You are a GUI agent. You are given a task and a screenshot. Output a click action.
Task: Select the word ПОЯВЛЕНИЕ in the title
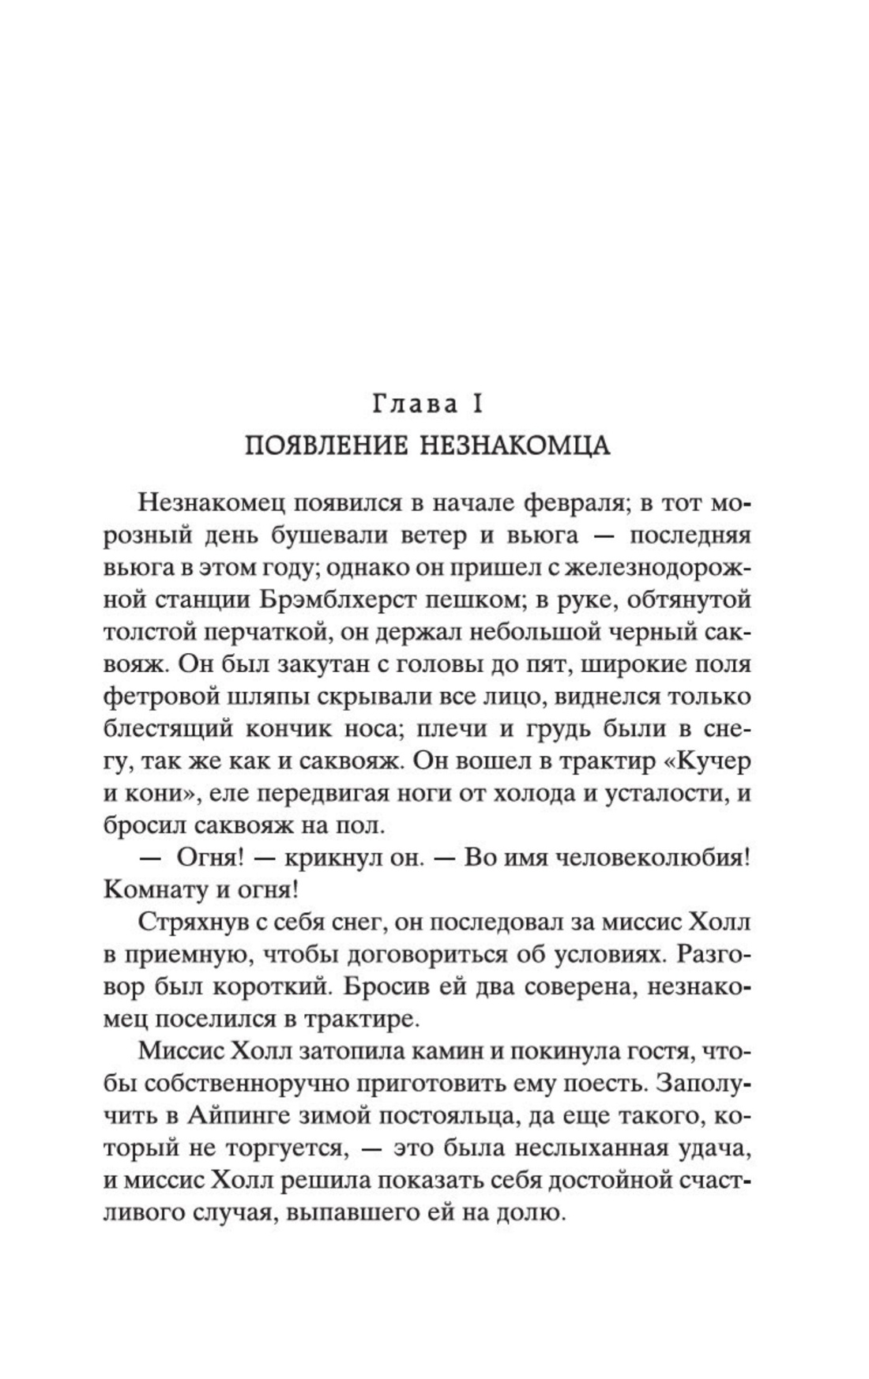coord(327,445)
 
